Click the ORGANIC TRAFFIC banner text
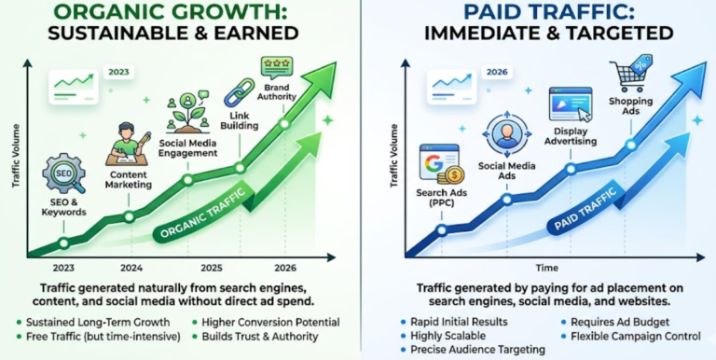202,221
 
